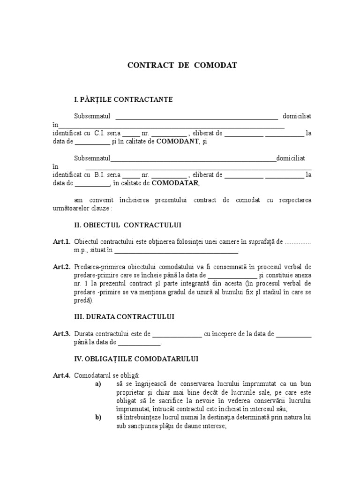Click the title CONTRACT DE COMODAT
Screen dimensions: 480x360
pyautogui.click(x=182, y=65)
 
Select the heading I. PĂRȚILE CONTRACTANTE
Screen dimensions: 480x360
pyautogui.click(x=123, y=99)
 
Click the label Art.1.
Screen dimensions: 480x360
pyautogui.click(x=61, y=242)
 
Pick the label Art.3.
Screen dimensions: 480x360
pyautogui.click(x=61, y=334)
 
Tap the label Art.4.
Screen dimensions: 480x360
pyautogui.click(x=61, y=375)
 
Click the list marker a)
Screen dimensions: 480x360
pyautogui.click(x=98, y=384)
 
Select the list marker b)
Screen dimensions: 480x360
pyautogui.click(x=98, y=417)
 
